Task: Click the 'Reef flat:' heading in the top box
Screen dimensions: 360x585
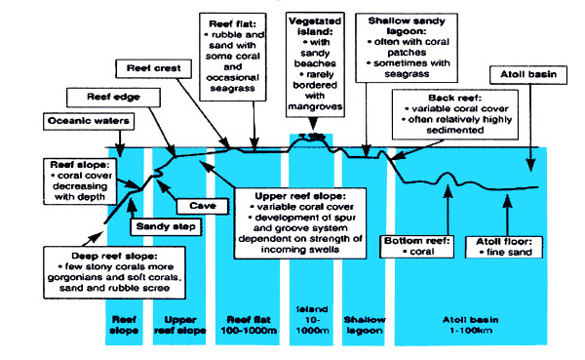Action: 231,21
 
